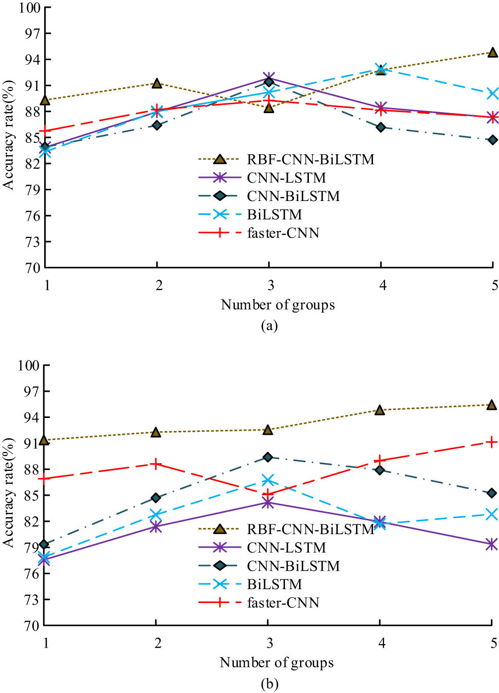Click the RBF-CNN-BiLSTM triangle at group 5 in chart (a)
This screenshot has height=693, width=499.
tap(492, 52)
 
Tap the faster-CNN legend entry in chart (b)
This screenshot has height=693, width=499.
tap(283, 603)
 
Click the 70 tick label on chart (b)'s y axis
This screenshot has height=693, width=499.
tap(29, 626)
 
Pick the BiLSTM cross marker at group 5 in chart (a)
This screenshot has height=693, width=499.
tap(492, 94)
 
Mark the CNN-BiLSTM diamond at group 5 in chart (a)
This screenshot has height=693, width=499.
tap(492, 140)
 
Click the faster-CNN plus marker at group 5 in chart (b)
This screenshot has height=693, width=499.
tap(492, 442)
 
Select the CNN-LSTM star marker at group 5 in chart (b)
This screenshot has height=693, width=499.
tap(492, 544)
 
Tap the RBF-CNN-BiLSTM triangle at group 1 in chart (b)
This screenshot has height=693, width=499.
tap(45, 440)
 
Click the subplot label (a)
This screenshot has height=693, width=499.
tap(269, 326)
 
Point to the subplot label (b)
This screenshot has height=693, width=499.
tap(269, 684)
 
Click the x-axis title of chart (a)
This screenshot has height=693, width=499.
tap(278, 305)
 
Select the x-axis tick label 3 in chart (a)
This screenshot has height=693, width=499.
tap(270, 285)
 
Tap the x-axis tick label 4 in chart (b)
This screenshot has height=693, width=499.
tap(381, 643)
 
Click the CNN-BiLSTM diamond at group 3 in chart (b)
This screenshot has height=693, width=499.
tap(268, 457)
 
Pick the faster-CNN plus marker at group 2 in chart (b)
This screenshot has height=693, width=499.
tap(156, 464)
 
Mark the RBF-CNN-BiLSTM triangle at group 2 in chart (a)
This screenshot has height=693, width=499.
tap(157, 83)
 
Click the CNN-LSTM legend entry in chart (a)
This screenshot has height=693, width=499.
tap(286, 178)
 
